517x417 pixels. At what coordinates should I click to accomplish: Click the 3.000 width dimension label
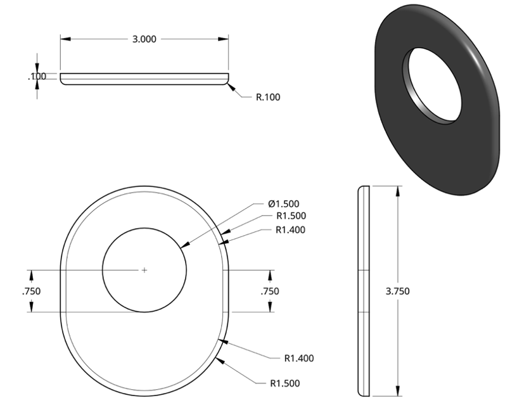144,39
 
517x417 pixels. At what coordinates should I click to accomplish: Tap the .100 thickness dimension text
37,77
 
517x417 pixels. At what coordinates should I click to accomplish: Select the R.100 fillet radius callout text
268,98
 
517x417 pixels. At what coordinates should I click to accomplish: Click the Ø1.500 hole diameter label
284,204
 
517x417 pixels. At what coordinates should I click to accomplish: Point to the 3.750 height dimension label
398,292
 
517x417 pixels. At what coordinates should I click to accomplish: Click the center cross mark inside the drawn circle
144,270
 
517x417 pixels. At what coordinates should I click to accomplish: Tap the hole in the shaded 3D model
431,86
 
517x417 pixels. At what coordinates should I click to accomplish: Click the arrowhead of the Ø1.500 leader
185,245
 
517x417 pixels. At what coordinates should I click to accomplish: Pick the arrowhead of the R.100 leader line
231,87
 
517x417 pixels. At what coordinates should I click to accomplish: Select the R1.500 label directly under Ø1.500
291,215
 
